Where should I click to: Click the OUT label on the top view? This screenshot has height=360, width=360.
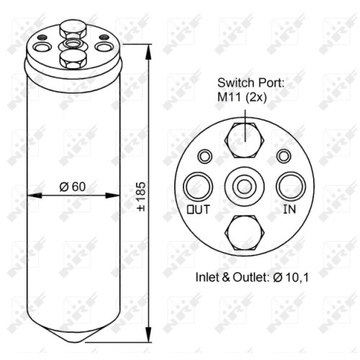[198, 210]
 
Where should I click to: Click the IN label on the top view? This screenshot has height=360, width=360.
[289, 209]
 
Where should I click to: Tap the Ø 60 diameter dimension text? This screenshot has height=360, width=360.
[73, 186]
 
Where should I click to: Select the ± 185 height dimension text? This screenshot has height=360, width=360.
[141, 197]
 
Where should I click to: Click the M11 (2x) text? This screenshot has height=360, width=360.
[242, 97]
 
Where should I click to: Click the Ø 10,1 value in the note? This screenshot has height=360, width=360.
[291, 277]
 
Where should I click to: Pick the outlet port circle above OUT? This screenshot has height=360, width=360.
[198, 186]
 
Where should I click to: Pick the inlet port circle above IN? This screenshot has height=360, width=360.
[291, 186]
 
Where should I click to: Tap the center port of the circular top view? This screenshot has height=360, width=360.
[245, 186]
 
